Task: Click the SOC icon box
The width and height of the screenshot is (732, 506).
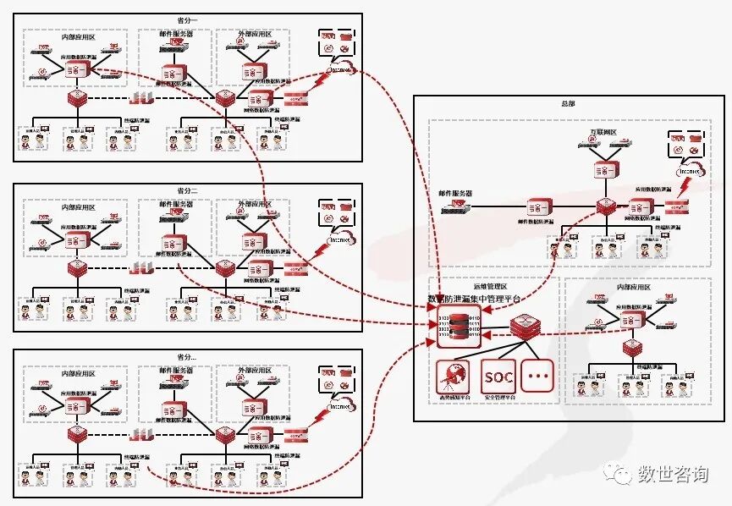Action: tap(498, 375)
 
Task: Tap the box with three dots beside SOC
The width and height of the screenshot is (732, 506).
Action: tap(537, 375)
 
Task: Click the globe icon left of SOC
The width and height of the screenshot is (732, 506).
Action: tap(456, 375)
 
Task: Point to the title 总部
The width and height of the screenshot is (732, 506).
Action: tap(568, 103)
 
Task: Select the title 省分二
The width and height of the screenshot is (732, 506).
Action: tap(190, 190)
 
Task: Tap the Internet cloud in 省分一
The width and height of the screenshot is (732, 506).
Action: tap(339, 69)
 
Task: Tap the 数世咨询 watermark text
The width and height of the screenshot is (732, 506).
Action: tap(672, 474)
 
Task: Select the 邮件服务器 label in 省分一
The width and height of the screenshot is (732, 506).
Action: tap(175, 34)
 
